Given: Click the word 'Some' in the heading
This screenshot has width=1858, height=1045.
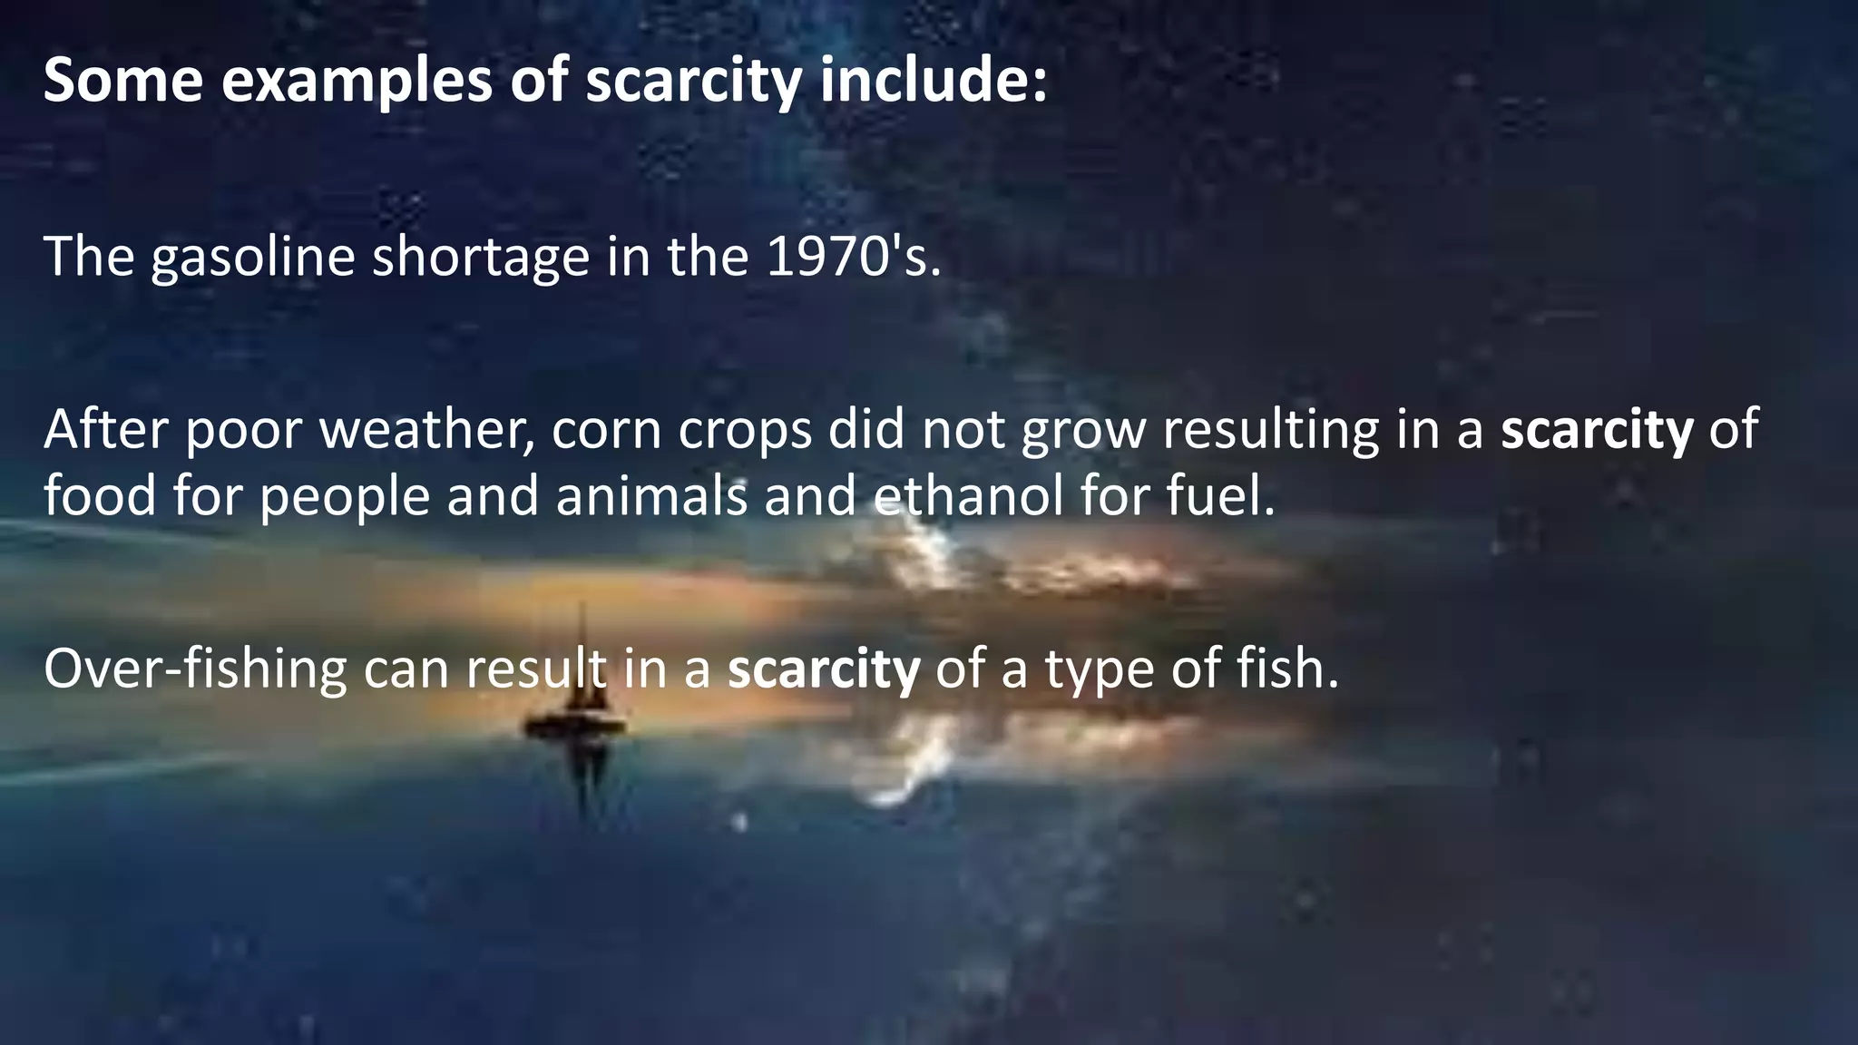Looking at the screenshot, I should [122, 80].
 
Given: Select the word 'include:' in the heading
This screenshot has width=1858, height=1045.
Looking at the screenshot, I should [934, 80].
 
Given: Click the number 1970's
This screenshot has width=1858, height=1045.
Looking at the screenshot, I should [853, 256].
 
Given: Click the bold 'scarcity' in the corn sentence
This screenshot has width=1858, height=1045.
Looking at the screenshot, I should [1597, 430].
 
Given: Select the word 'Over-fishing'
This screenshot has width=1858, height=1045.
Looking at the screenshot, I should [195, 669].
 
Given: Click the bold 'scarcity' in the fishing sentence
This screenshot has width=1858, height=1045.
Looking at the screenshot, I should [824, 669].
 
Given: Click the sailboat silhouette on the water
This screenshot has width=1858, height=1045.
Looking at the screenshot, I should [579, 717].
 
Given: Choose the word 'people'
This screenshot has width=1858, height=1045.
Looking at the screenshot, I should [345, 498].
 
